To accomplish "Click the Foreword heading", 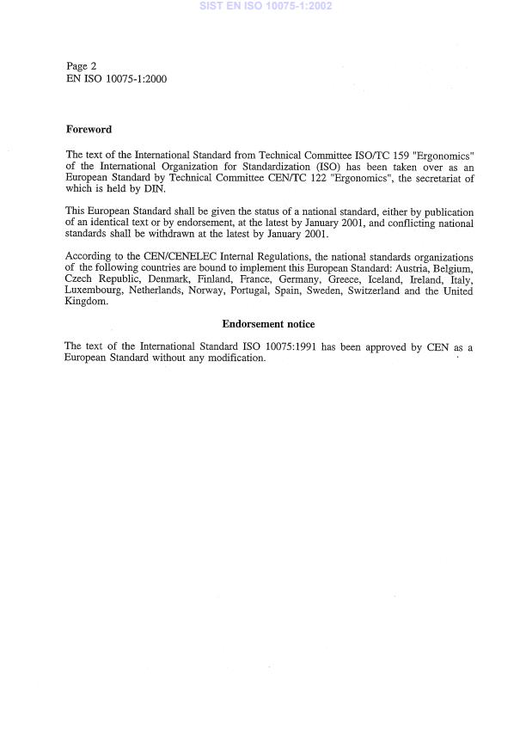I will [x=89, y=130].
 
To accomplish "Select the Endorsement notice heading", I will [x=268, y=324].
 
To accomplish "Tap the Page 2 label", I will [x=82, y=66].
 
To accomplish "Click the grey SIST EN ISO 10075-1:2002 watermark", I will [x=266, y=6].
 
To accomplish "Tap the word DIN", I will [x=155, y=191].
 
